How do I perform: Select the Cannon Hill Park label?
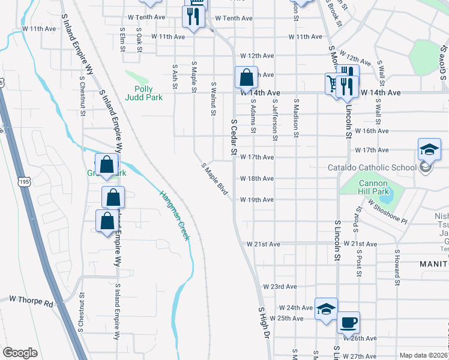pos(374,187)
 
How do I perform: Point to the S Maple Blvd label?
pos(215,178)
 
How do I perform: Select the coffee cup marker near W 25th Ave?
pos(348,323)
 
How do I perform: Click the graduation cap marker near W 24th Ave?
pos(326,309)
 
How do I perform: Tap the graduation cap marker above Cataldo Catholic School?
pos(430,149)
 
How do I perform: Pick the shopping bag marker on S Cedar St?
pos(246,77)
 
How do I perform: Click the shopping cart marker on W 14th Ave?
pos(333,83)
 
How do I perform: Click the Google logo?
pos(20,353)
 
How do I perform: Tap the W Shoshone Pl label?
pos(388,212)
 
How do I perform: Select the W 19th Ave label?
pos(257,200)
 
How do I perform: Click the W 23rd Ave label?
pos(280,287)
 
